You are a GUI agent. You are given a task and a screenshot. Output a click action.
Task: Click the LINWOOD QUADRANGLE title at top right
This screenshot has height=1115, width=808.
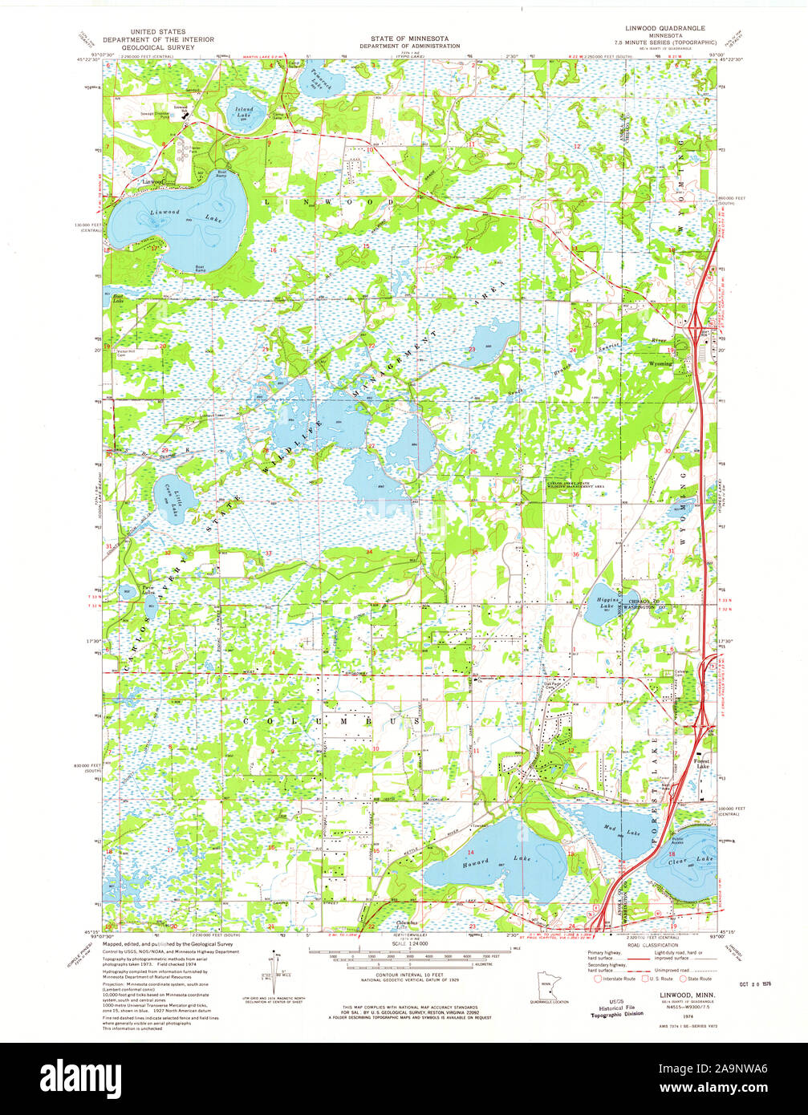pos(665,28)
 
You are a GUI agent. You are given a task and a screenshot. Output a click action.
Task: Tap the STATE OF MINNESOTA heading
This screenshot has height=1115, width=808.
pos(409,39)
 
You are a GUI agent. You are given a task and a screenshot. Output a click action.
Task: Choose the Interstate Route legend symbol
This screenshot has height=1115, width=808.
pos(597,979)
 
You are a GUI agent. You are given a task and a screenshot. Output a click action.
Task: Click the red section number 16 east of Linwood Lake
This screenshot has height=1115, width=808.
pos(273,251)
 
